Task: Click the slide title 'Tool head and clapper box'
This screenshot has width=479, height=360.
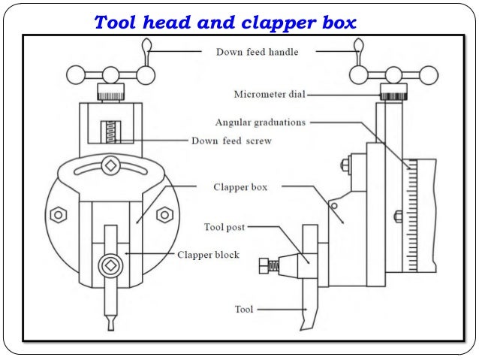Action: click(x=225, y=23)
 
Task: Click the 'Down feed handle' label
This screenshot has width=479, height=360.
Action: click(x=256, y=53)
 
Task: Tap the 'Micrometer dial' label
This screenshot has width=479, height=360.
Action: click(x=268, y=95)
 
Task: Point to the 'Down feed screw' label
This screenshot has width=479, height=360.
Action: click(x=231, y=141)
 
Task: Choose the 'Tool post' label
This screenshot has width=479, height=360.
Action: click(x=224, y=226)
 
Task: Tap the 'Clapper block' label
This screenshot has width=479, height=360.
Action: click(x=208, y=255)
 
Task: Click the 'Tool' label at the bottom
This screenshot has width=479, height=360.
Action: click(x=244, y=309)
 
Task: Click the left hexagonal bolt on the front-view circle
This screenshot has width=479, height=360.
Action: click(x=56, y=215)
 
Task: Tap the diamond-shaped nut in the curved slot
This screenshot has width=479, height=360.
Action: click(x=110, y=165)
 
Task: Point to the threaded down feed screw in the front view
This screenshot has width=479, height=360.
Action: click(x=110, y=132)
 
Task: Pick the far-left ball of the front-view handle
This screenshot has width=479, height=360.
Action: click(x=76, y=75)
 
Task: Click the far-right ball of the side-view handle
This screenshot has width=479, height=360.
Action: click(x=428, y=75)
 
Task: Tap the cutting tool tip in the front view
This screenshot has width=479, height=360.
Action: click(x=110, y=323)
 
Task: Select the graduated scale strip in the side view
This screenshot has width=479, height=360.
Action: click(x=411, y=218)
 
